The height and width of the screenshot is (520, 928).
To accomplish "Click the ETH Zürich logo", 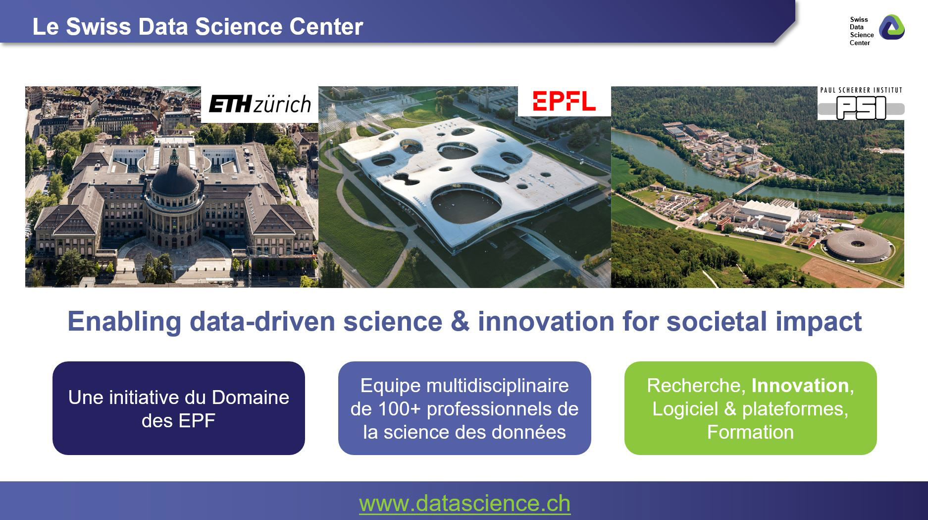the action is click(260, 104).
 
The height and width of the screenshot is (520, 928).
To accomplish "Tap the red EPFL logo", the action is click(564, 101).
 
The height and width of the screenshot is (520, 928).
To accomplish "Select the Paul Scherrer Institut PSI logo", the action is click(861, 103).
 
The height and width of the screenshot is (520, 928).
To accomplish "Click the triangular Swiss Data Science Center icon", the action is click(891, 27).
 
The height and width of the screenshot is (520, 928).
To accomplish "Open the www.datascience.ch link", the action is click(464, 503).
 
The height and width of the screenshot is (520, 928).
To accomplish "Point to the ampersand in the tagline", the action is click(460, 321).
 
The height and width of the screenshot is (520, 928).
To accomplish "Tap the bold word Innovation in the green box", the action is click(800, 386).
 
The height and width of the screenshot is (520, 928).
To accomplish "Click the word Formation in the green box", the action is click(750, 432).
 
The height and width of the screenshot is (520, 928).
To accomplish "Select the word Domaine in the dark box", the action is click(251, 398).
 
